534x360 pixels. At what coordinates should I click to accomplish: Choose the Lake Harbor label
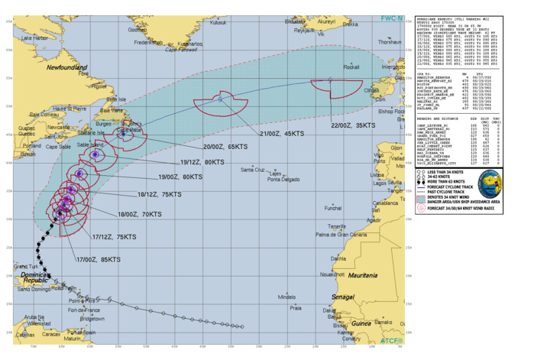(x=35, y=37)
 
